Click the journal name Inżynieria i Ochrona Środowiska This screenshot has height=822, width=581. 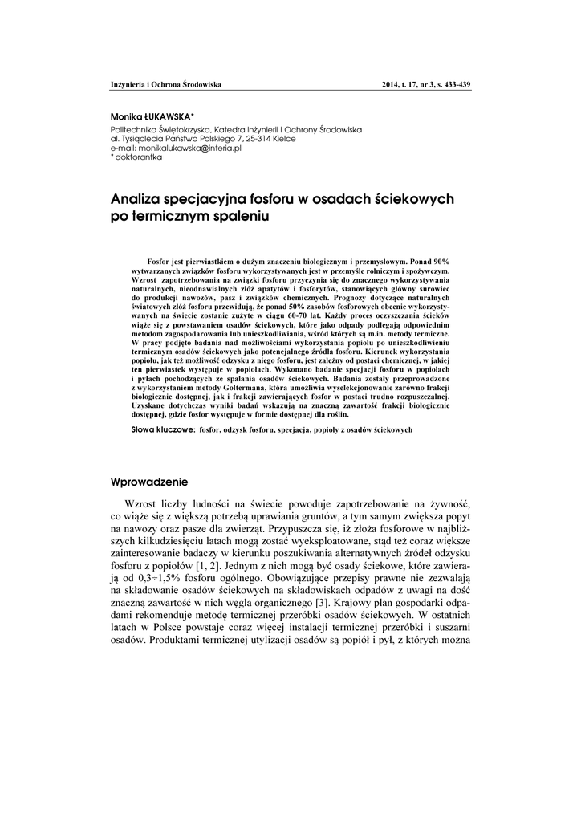click(x=165, y=84)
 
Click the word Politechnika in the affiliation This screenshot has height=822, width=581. click(x=134, y=129)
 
